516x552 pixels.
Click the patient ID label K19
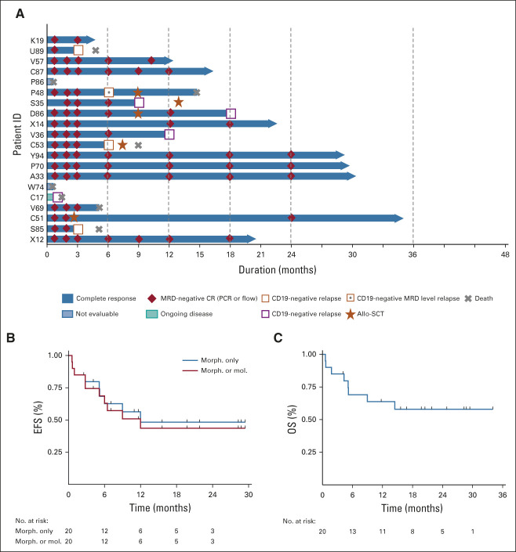click(38, 40)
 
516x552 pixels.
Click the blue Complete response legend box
click(69, 298)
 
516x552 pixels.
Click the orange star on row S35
click(179, 102)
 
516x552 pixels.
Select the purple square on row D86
click(231, 113)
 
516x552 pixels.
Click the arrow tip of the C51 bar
click(402, 218)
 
